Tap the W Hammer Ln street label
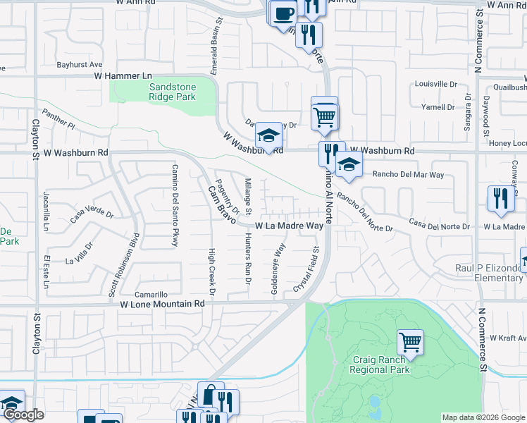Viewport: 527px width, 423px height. tap(123, 75)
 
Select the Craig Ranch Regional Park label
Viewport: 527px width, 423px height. tap(381, 364)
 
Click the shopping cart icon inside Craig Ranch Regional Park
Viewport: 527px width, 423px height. tap(410, 342)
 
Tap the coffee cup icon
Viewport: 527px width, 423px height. tap(283, 12)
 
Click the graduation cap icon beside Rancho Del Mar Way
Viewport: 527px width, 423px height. tap(349, 165)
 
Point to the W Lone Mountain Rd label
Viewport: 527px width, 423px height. tap(161, 304)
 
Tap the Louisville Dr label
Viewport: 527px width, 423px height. tap(435, 84)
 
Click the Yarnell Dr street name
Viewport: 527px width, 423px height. tap(438, 108)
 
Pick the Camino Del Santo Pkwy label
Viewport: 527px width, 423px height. tap(173, 205)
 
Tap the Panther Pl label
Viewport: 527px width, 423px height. tap(58, 120)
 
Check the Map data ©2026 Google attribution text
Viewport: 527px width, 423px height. tap(483, 417)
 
